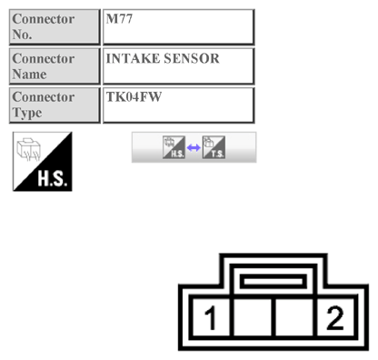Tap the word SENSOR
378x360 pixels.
[x=193, y=58]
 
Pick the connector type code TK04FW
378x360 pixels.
[x=134, y=96]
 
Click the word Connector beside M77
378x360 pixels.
[x=44, y=18]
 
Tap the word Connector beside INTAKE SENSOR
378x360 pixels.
[x=44, y=58]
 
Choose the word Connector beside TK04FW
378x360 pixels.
[x=44, y=96]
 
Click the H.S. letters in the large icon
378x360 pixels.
[x=53, y=177]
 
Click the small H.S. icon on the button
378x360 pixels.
[x=173, y=147]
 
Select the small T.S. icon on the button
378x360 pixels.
[x=214, y=147]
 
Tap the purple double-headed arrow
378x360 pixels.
[x=194, y=148]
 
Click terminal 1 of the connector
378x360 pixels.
[x=211, y=318]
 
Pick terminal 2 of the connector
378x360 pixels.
[x=335, y=318]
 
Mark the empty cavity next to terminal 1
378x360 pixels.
[x=254, y=318]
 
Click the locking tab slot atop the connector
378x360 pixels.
[x=273, y=280]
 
